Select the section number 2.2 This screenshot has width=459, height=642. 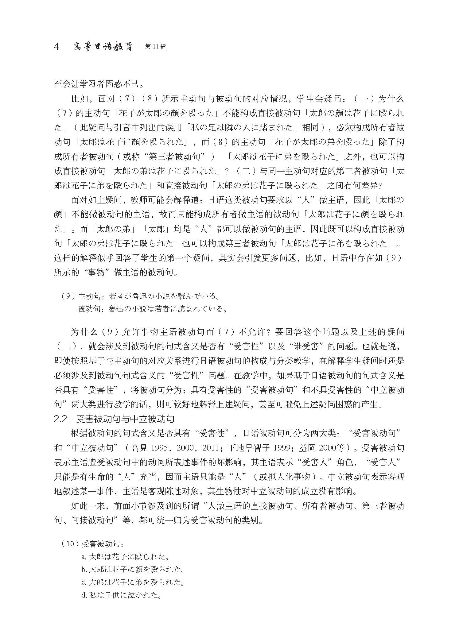[60, 419]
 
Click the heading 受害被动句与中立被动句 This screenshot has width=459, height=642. [125, 419]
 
